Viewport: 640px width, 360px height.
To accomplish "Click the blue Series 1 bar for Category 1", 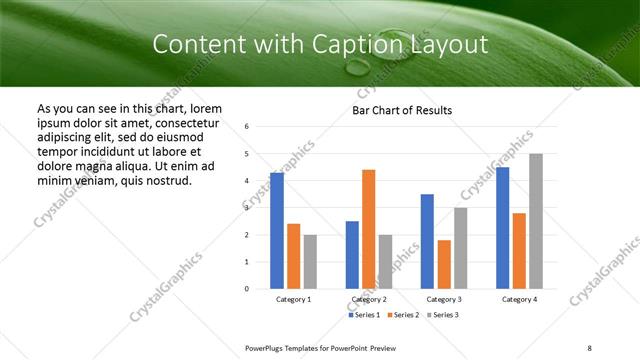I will pyautogui.click(x=277, y=231).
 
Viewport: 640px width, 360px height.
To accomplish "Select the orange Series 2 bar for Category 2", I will pyautogui.click(x=369, y=229).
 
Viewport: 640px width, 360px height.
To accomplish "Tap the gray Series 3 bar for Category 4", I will pyautogui.click(x=536, y=221).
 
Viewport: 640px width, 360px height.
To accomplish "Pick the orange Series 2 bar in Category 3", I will pyautogui.click(x=444, y=264).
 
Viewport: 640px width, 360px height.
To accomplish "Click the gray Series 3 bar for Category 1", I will pyautogui.click(x=310, y=262).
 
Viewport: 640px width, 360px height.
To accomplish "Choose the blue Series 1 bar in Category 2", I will pyautogui.click(x=352, y=255).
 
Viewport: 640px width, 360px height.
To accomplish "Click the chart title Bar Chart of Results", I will pyautogui.click(x=402, y=110).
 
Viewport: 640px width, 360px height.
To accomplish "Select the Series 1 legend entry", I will pyautogui.click(x=364, y=315).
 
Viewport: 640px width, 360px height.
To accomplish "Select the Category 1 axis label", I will pyautogui.click(x=293, y=299).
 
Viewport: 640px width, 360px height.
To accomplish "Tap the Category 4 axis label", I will pyautogui.click(x=519, y=299).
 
